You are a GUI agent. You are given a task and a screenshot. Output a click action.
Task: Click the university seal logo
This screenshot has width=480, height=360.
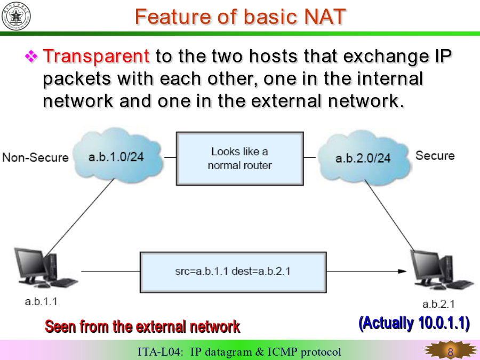16,16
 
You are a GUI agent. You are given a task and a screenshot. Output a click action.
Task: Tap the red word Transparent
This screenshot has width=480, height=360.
96,57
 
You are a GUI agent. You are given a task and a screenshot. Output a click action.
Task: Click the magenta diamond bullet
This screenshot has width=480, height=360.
31,57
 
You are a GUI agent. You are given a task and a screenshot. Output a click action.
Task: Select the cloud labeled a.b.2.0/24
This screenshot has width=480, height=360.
364,157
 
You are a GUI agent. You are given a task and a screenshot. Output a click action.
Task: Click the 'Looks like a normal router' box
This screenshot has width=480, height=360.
239,158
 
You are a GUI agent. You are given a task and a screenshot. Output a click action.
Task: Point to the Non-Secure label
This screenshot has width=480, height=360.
36,158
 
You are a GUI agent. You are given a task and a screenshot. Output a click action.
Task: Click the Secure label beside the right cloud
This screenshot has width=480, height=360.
435,156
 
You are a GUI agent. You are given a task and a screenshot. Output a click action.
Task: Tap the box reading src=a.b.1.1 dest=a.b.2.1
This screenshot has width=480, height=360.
233,272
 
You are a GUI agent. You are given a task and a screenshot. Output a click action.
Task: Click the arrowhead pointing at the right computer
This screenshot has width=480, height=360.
402,271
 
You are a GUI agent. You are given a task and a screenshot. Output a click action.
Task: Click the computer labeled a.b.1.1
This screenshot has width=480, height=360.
45,268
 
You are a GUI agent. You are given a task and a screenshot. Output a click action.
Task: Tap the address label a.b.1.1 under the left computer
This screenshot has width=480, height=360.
41,301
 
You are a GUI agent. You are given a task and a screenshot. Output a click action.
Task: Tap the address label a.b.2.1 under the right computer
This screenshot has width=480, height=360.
438,304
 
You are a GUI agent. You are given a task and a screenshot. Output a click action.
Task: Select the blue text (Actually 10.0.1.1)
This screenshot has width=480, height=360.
414,323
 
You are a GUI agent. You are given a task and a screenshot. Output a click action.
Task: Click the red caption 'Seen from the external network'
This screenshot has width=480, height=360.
142,326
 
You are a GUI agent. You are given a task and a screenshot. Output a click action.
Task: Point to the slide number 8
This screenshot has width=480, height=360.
450,352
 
